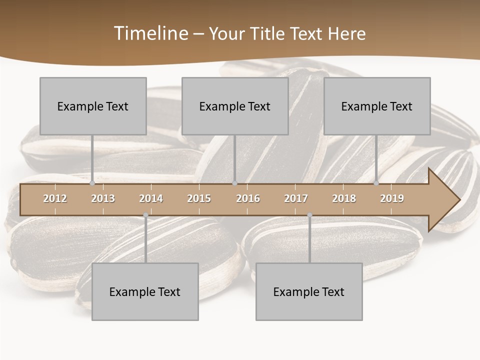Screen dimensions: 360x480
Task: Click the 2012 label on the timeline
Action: (x=55, y=198)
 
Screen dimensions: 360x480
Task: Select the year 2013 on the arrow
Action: (x=103, y=198)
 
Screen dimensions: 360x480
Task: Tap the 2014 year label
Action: (x=151, y=198)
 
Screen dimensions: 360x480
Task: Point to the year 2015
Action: (x=199, y=198)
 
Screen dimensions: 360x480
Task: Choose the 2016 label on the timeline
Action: (x=248, y=198)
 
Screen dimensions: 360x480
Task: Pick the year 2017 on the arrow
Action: (x=296, y=198)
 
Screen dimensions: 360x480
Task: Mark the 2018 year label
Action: (x=344, y=198)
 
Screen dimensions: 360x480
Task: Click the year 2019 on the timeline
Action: (x=392, y=198)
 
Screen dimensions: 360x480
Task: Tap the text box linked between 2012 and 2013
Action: (x=93, y=106)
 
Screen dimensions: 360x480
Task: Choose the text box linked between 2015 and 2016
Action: (x=235, y=106)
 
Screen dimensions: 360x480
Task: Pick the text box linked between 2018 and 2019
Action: (x=377, y=106)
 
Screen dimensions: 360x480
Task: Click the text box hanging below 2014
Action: (x=145, y=291)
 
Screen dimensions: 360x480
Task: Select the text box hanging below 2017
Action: (x=309, y=291)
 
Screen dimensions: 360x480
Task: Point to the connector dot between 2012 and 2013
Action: (x=92, y=183)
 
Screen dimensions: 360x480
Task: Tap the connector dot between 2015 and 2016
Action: (x=235, y=183)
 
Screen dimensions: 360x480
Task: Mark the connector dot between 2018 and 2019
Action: (x=376, y=183)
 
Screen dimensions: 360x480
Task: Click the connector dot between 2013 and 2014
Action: (x=145, y=215)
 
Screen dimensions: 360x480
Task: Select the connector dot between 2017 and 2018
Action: (x=309, y=215)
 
